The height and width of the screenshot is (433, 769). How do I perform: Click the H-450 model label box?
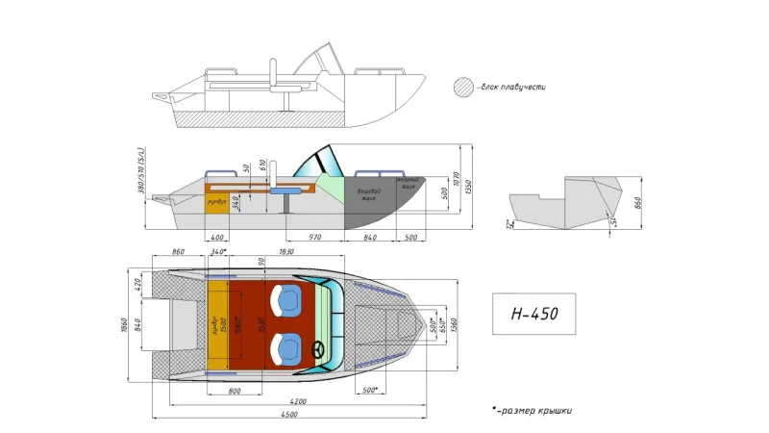533,314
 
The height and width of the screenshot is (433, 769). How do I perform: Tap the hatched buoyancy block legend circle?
463,88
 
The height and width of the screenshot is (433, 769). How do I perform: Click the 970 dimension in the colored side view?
314,236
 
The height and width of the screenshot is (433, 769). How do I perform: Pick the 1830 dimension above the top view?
285,252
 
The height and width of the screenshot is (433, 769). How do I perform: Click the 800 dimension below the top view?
234,391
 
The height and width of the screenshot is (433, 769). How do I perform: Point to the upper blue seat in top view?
287,299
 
